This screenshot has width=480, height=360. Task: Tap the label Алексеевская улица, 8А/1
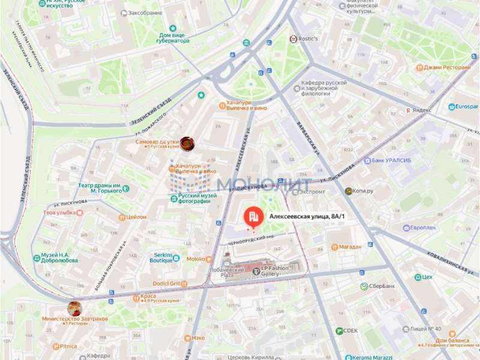[308, 217]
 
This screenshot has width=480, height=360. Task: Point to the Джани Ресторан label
[447, 67]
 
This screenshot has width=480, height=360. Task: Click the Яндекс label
[422, 110]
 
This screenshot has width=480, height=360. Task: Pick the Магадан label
[350, 247]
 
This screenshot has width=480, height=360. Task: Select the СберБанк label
[381, 286]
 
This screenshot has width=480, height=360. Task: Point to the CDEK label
[350, 331]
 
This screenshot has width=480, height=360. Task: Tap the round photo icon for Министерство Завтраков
[75, 308]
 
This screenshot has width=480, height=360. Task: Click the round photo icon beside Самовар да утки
[188, 143]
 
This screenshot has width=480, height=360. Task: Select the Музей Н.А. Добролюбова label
[59, 259]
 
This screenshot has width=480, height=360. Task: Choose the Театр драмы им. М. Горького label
[101, 188]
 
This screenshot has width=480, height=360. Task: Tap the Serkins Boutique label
[161, 258]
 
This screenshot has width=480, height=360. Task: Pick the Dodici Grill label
[167, 283]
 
